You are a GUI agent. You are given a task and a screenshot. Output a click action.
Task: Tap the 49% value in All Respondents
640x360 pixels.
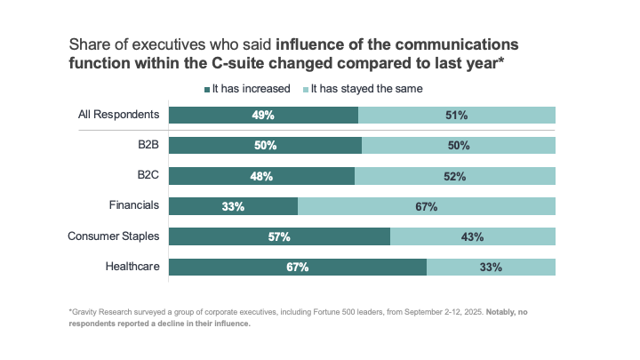[263, 115]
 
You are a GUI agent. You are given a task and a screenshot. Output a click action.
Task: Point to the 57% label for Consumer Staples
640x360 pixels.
[279, 236]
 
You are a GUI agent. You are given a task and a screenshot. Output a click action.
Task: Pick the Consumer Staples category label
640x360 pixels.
[114, 236]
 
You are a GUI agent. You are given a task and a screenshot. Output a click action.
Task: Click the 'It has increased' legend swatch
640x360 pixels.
[207, 89]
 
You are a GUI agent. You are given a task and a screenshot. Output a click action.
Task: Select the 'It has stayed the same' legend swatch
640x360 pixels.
[308, 89]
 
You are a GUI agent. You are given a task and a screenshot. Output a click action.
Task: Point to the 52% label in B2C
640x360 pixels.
[455, 176]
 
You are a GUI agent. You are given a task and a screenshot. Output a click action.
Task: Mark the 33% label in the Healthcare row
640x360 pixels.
[491, 267]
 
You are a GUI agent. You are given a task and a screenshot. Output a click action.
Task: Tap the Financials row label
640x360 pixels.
[134, 204]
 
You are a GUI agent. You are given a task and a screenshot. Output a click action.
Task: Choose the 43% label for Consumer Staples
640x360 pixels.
[472, 236]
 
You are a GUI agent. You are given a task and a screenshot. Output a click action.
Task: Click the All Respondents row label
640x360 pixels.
[119, 114]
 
